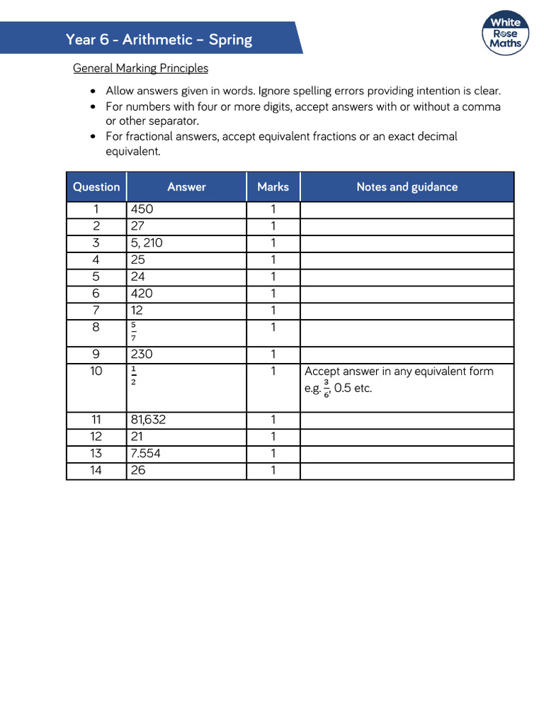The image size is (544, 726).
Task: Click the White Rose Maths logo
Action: pos(506,33)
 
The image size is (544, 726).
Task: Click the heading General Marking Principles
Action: pos(141,68)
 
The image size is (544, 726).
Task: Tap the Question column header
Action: pos(96,187)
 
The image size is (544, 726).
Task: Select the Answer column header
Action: pos(186,187)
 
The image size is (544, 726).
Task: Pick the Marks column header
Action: pos(273,187)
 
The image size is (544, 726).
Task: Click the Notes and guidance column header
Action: pos(407,187)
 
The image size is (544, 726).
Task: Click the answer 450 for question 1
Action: pos(142,209)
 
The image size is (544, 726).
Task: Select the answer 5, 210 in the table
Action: pos(147,243)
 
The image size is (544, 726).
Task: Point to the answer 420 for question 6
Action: pos(142,294)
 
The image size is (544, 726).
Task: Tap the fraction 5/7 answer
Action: pos(133,332)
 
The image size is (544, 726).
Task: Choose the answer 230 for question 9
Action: pos(142,354)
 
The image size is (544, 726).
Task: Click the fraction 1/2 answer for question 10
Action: pos(133,376)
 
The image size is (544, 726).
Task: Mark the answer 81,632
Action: pos(148,420)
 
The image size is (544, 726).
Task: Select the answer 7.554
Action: pos(145,454)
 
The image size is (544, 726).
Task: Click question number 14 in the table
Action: pos(96,471)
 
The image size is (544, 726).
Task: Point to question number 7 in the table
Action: pos(96,311)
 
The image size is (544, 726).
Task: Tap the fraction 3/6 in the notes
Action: pos(327,388)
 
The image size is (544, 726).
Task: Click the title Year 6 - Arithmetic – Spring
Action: pos(159,39)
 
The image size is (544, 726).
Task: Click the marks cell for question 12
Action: pos(273,437)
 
